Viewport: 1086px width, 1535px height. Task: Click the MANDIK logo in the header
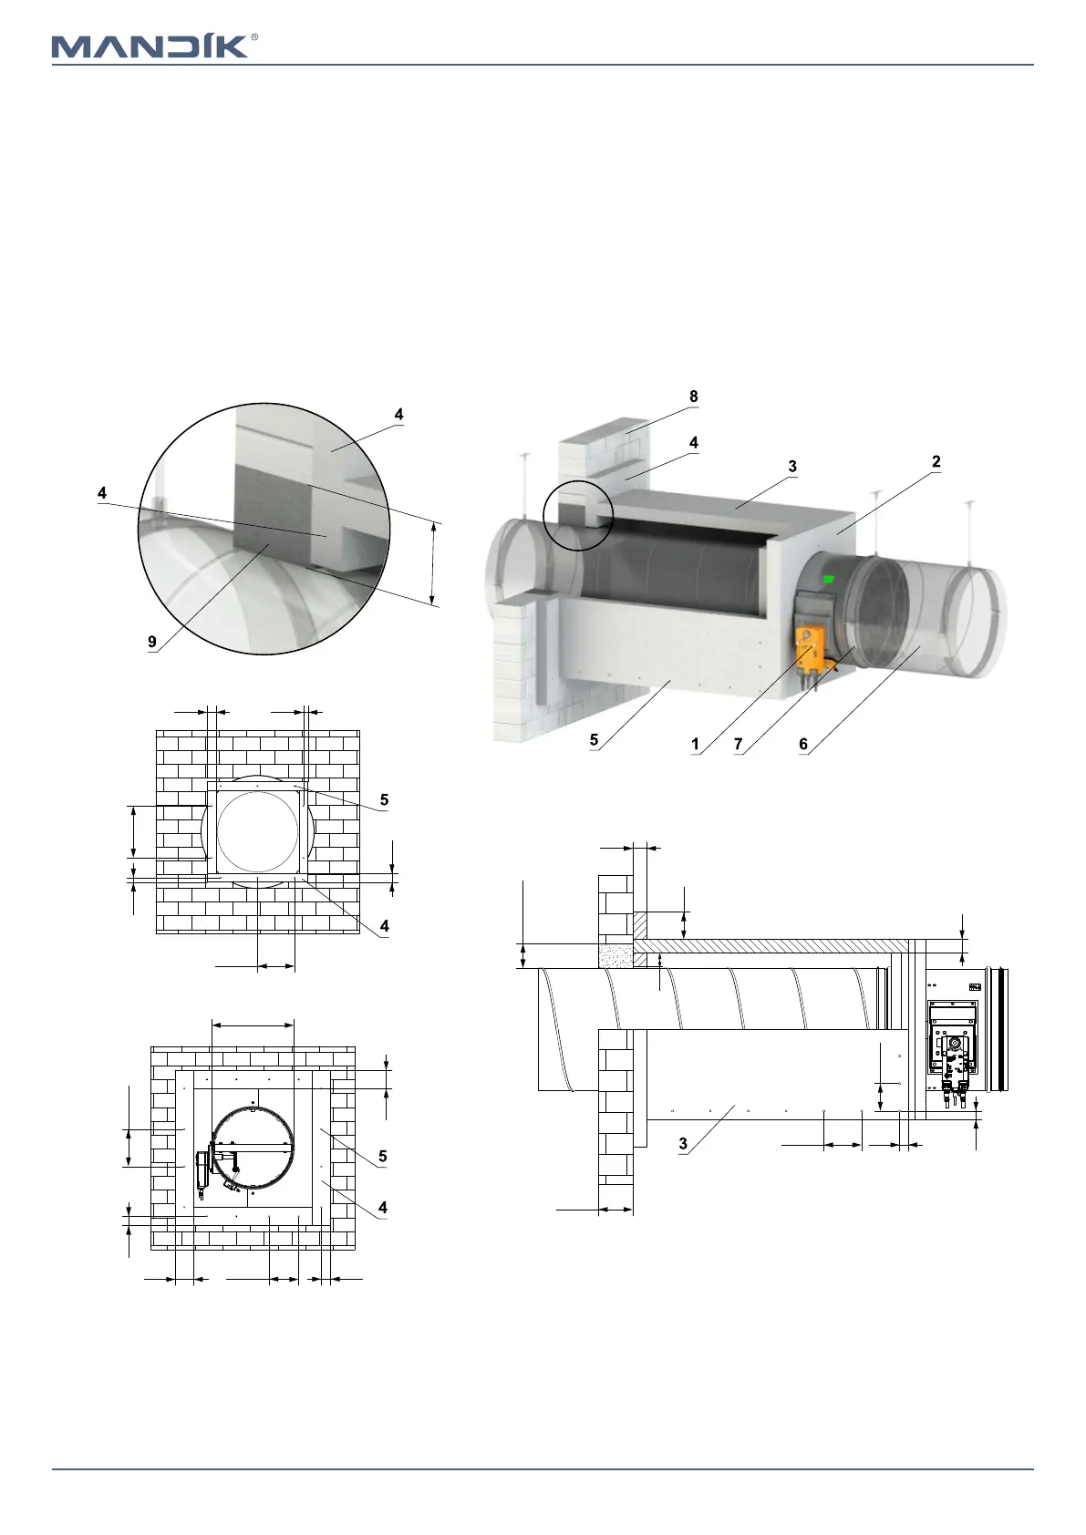pyautogui.click(x=149, y=46)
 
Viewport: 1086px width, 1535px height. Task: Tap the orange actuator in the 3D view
pyautogui.click(x=811, y=646)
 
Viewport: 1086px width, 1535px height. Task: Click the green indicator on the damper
pyautogui.click(x=829, y=578)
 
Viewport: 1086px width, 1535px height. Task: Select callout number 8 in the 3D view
pyautogui.click(x=694, y=397)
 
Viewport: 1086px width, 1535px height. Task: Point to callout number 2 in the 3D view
pyautogui.click(x=936, y=462)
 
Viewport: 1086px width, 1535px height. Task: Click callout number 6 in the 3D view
pyautogui.click(x=803, y=744)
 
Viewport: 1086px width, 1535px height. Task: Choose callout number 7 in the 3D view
pyautogui.click(x=739, y=744)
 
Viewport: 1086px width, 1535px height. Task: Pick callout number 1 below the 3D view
pyautogui.click(x=695, y=744)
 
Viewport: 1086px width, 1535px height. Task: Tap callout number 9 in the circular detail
pyautogui.click(x=152, y=642)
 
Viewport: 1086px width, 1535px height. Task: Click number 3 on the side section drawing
pyautogui.click(x=683, y=1144)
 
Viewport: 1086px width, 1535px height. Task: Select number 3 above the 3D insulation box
pyautogui.click(x=792, y=466)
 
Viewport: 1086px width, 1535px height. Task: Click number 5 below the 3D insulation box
pyautogui.click(x=594, y=739)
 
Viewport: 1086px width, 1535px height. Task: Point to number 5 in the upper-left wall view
pyautogui.click(x=384, y=799)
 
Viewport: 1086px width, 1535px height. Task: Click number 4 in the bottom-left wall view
pyautogui.click(x=383, y=1208)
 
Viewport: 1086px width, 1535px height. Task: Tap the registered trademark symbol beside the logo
pyautogui.click(x=253, y=37)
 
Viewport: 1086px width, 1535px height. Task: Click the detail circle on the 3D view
pyautogui.click(x=576, y=516)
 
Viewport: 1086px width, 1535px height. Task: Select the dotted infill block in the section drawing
pyautogui.click(x=615, y=955)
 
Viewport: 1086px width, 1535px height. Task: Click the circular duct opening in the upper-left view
pyautogui.click(x=256, y=830)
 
